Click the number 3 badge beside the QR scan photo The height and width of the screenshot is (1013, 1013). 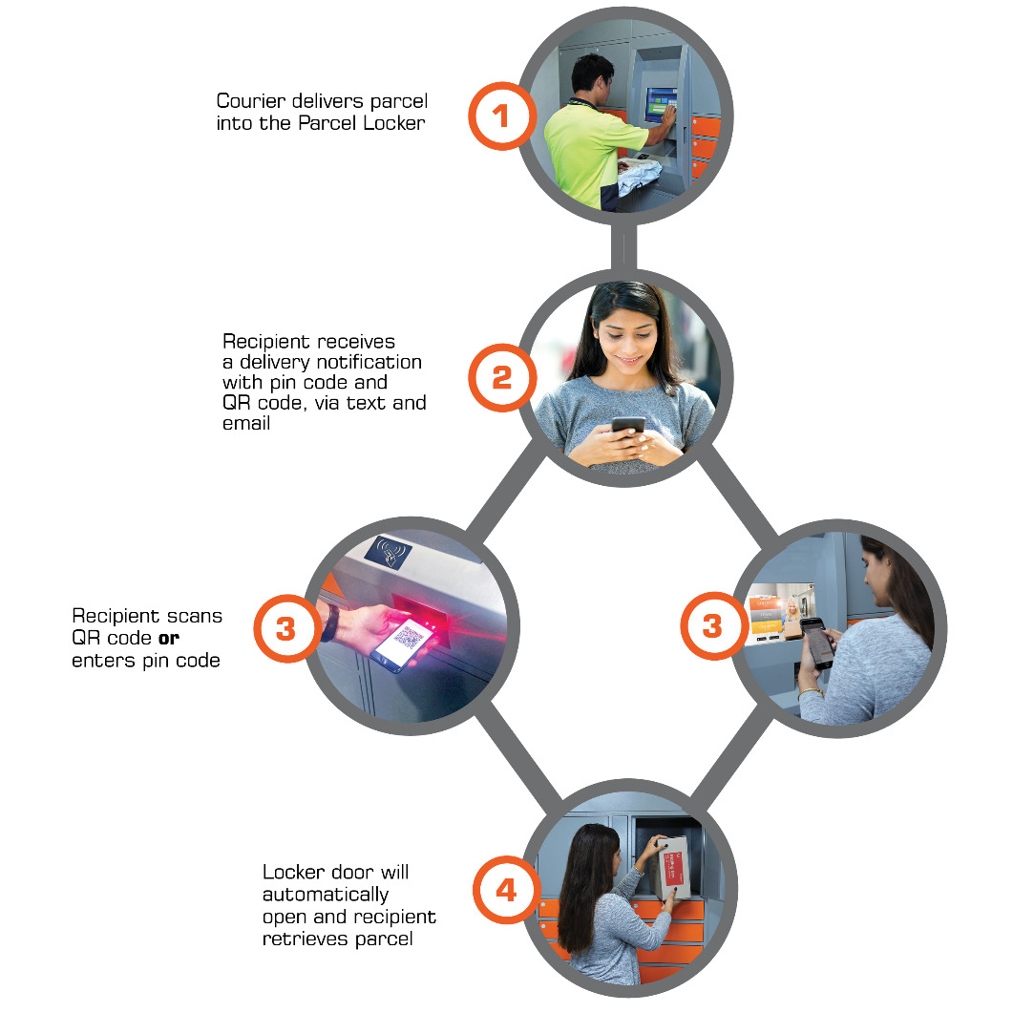pyautogui.click(x=285, y=628)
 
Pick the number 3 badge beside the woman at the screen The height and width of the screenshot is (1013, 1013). pyautogui.click(x=712, y=626)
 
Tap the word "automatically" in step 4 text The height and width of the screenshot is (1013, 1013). pyautogui.click(x=326, y=895)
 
